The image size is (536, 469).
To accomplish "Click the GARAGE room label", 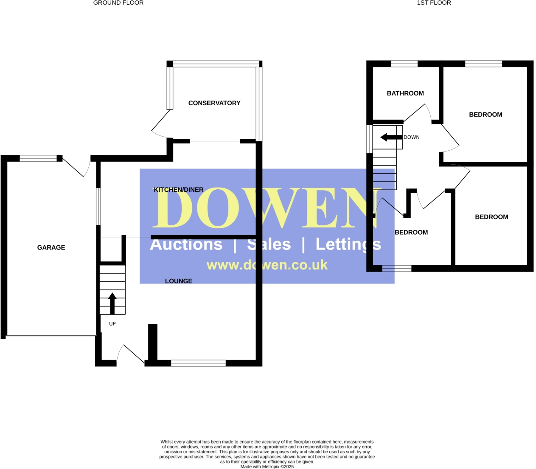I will [51, 247].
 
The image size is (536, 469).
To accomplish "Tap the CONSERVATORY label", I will [214, 103].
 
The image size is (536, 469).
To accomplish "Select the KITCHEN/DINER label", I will [178, 190].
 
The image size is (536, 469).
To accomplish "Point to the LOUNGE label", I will [179, 281].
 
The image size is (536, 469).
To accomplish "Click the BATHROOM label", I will [405, 93].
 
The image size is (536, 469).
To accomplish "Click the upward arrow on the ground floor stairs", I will [112, 303].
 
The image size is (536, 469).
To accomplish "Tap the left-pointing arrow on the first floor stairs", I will [391, 137].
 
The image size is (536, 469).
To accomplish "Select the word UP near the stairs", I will [112, 324].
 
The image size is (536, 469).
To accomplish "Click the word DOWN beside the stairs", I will [412, 138].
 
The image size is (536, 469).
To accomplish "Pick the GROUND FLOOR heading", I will [118, 3].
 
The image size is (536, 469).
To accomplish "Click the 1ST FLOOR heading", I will [434, 3].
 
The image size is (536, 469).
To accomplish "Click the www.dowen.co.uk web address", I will [267, 265].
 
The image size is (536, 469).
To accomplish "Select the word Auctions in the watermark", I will [186, 244].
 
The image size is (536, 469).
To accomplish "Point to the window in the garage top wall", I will [38, 158].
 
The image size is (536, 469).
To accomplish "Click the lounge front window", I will [198, 363].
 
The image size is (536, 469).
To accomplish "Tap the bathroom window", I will [404, 64].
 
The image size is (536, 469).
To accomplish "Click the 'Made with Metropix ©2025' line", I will [267, 466].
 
